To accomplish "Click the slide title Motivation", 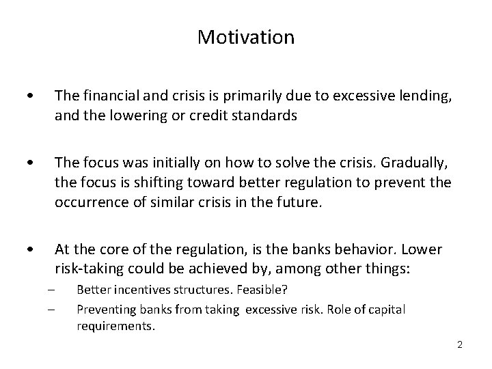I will pos(246,37).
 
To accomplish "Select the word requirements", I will pos(116,326).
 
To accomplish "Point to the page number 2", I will pos(460,344).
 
